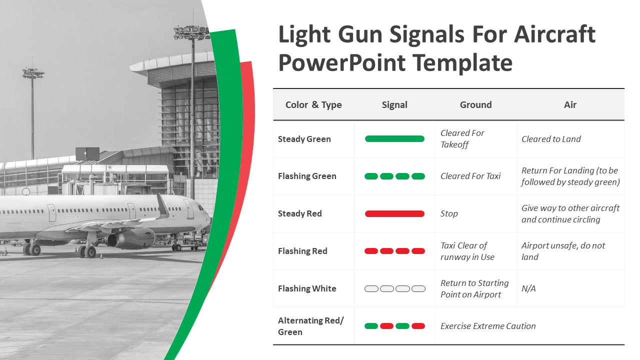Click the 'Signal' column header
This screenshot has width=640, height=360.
coord(394,105)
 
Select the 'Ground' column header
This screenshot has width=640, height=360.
coord(475,105)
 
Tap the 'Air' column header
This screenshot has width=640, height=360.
coord(570,105)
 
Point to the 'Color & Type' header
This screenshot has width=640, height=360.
coord(313,105)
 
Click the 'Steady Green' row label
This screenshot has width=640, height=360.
coord(304,139)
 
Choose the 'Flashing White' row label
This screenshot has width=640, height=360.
coord(307,288)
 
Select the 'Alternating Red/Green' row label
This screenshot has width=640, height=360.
coord(311,326)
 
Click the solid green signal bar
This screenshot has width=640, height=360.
coord(394,139)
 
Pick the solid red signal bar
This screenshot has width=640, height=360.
coord(394,213)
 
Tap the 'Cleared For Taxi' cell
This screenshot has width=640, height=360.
coord(470,176)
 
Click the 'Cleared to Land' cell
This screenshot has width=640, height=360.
coord(551,139)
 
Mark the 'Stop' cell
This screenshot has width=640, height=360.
coord(449,213)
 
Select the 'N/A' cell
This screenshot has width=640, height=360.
coord(528,288)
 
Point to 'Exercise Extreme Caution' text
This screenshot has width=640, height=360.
coord(488,326)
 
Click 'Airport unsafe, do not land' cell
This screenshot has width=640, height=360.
coord(563,251)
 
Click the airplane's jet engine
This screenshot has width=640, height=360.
coord(131,239)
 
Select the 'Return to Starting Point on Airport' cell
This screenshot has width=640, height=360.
coord(474,288)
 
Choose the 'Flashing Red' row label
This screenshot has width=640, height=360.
coord(302,251)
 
